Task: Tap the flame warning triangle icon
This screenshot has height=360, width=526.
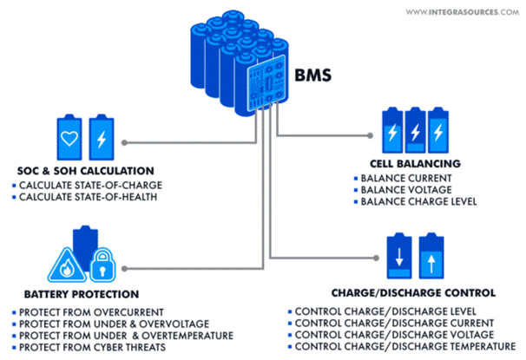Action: [x=67, y=261]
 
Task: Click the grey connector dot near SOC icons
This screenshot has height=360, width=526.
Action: [x=127, y=141]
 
